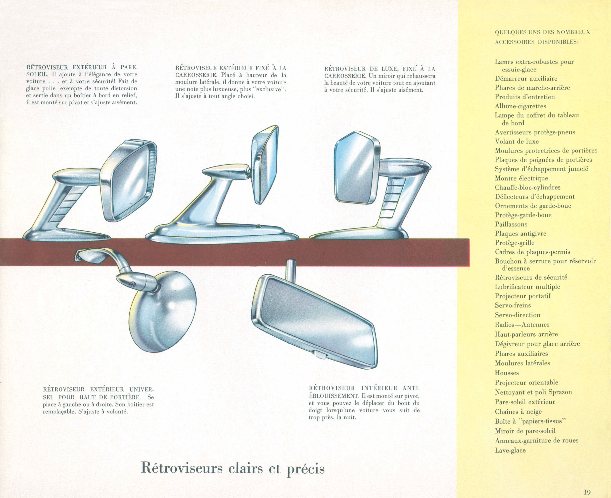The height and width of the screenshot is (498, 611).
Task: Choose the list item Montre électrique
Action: pyautogui.click(x=522, y=178)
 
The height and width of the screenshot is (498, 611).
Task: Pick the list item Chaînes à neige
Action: pyautogui.click(x=518, y=412)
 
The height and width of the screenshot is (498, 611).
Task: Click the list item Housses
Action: pyautogui.click(x=507, y=373)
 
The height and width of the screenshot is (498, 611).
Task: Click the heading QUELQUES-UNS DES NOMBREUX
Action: pyautogui.click(x=542, y=32)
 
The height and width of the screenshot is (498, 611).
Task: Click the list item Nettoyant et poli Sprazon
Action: pyautogui.click(x=533, y=392)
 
